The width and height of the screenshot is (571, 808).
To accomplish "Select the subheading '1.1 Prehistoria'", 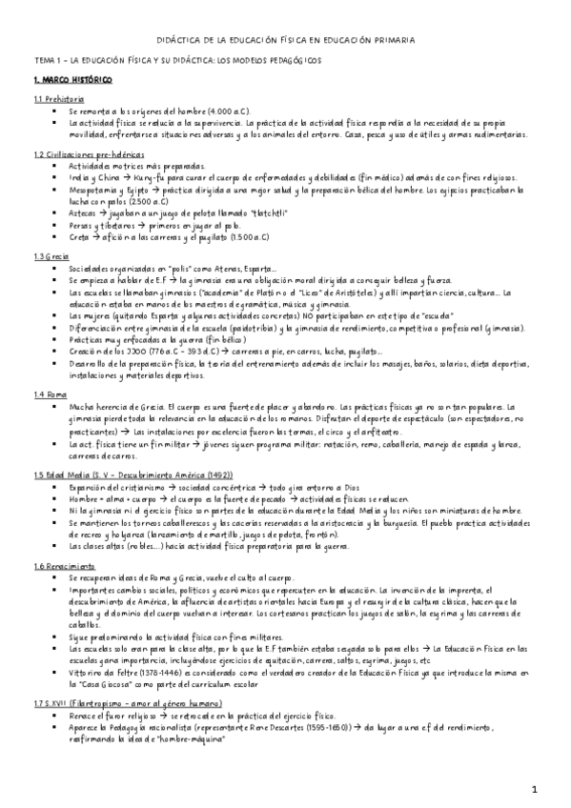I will tap(59, 99).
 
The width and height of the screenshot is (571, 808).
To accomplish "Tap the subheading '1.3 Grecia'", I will tap(51, 256).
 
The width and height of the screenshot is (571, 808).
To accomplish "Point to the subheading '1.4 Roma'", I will tap(51, 367).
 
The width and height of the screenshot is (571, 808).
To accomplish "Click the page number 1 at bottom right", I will tap(535, 790).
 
